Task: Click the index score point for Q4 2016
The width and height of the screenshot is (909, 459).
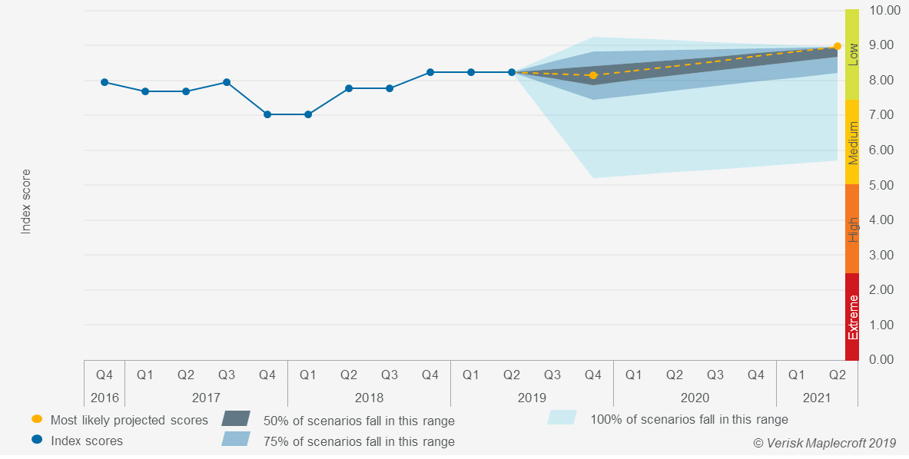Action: [x=105, y=82]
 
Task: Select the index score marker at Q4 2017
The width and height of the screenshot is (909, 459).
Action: [x=267, y=114]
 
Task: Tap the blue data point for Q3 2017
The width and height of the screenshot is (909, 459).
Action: [x=227, y=82]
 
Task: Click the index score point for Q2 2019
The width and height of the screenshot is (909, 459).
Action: [x=512, y=72]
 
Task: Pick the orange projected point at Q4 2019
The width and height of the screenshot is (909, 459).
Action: [x=593, y=75]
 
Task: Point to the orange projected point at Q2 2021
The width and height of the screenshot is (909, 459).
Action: [x=838, y=46]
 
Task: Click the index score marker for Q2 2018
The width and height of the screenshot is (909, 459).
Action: [x=349, y=88]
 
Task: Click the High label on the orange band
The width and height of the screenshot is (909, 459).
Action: [x=852, y=229]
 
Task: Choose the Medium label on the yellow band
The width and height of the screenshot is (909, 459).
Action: [x=852, y=143]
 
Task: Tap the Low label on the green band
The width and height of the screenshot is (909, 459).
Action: [x=852, y=54]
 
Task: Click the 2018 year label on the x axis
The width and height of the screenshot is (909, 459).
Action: [x=369, y=398]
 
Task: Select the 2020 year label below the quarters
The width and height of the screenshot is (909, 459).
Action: [x=695, y=398]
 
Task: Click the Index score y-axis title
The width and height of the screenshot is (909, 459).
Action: [x=25, y=201]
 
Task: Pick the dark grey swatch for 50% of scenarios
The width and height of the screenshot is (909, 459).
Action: [x=236, y=418]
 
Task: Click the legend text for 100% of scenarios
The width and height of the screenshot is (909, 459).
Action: [x=688, y=419]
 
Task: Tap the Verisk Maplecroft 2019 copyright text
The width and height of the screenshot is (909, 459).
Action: [x=824, y=443]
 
